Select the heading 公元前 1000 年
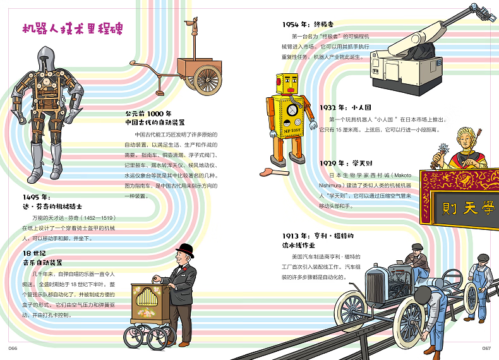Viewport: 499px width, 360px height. pyautogui.click(x=148, y=114)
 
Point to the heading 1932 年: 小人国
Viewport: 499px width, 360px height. pyautogui.click(x=346, y=107)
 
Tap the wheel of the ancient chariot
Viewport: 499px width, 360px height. pyautogui.click(x=206, y=78)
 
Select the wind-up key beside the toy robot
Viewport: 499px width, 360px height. pyautogui.click(x=276, y=171)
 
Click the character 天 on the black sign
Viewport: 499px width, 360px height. pyautogui.click(x=470, y=207)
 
